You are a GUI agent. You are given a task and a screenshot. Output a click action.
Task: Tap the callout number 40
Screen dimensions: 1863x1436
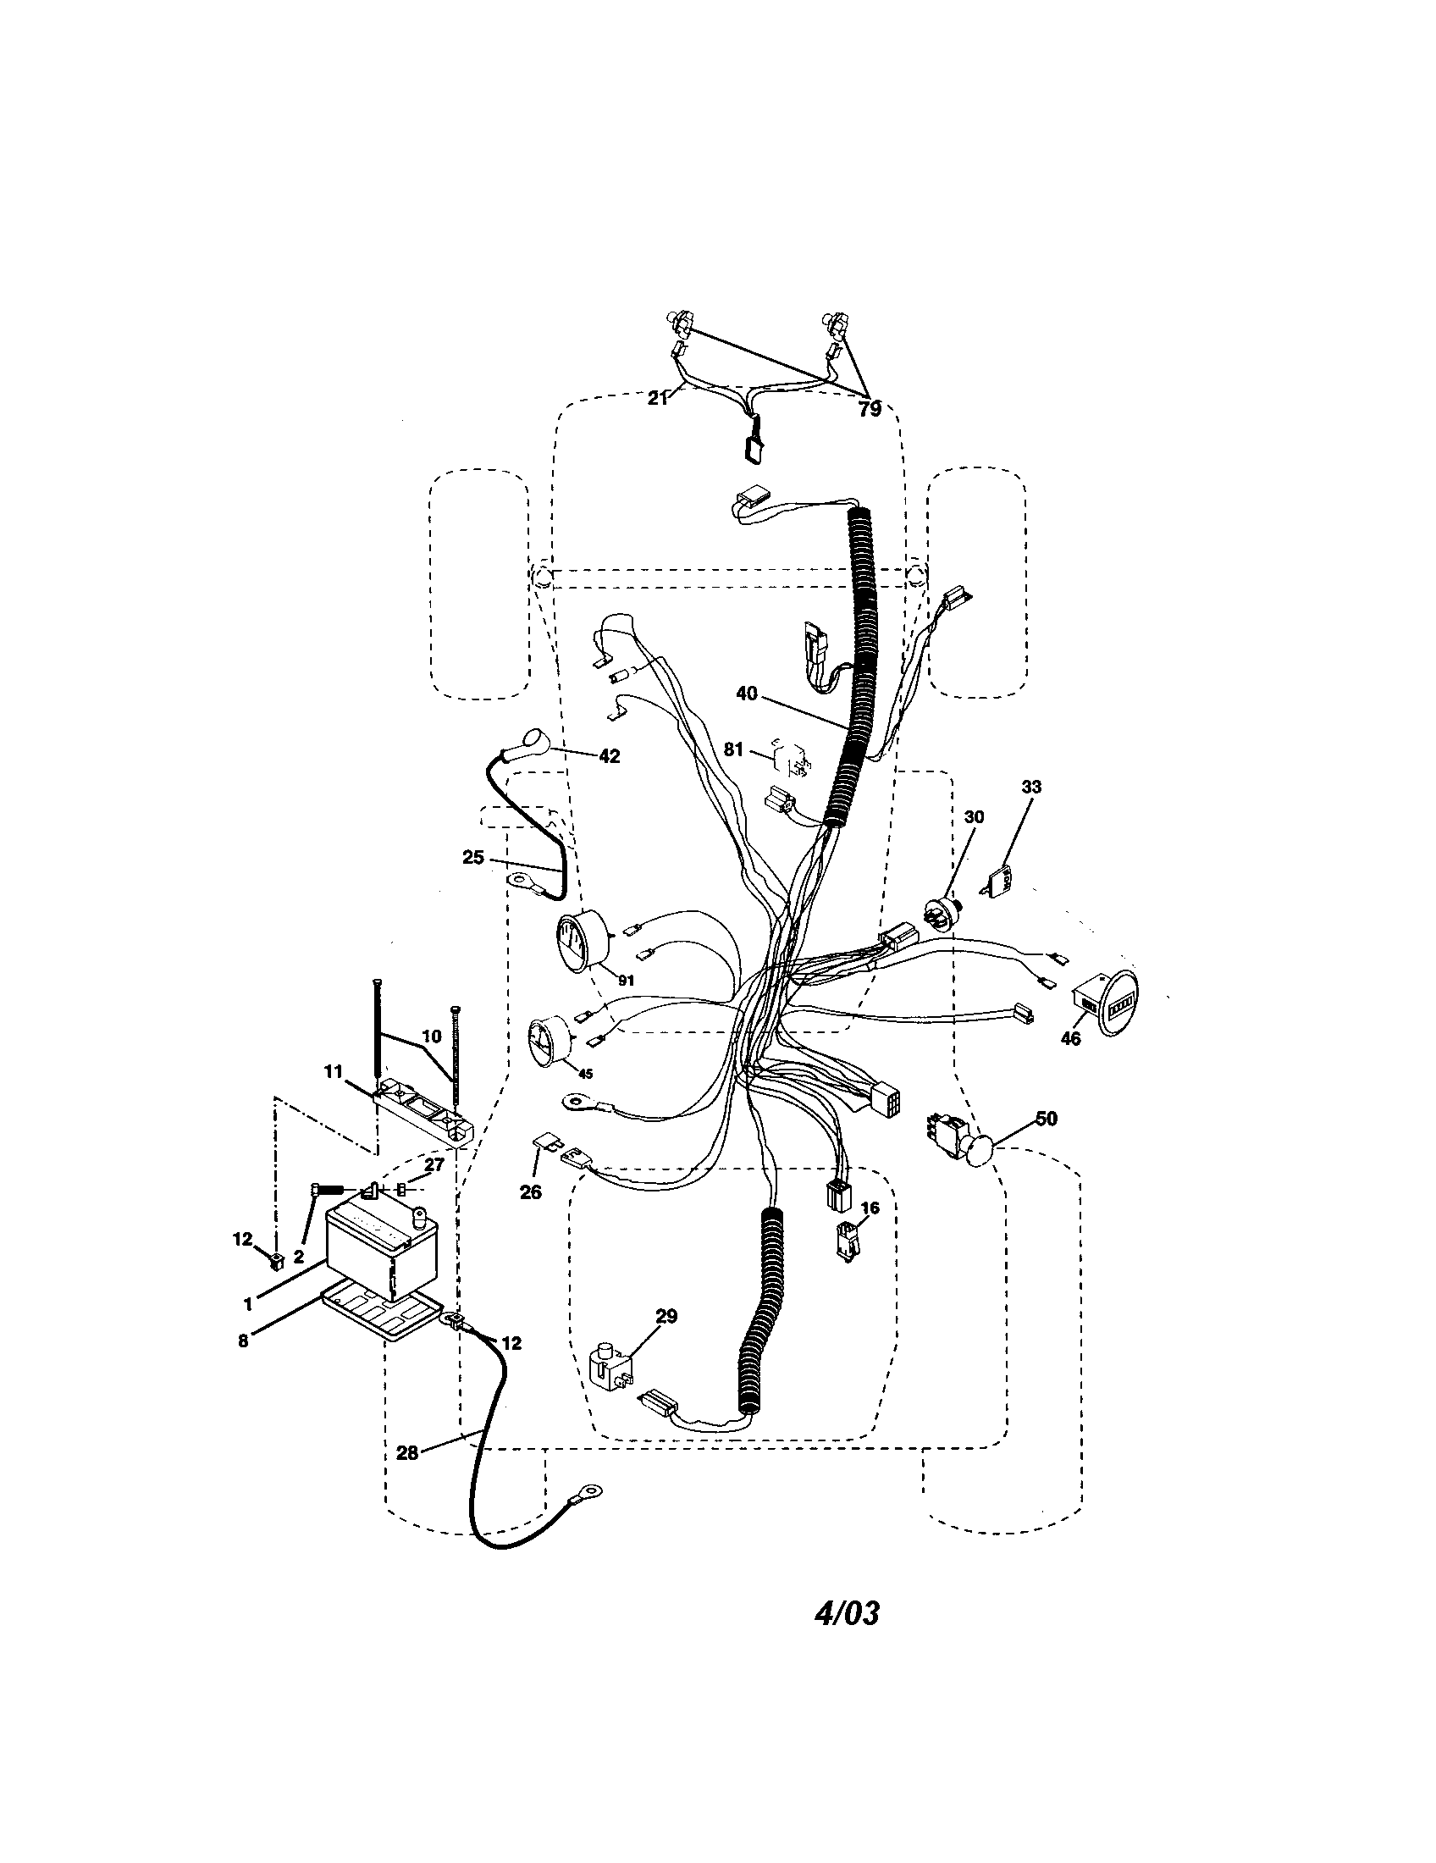746,694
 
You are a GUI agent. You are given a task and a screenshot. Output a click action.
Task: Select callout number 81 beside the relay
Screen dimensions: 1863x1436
733,749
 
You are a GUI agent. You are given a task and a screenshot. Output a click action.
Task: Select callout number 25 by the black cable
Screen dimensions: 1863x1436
473,857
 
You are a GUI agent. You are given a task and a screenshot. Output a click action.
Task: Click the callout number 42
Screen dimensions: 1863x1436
610,755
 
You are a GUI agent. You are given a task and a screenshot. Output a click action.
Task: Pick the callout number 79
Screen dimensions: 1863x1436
870,411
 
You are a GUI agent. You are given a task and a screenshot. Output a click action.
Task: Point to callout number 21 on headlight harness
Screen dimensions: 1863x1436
657,397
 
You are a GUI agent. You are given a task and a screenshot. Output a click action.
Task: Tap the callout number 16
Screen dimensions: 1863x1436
870,1208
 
